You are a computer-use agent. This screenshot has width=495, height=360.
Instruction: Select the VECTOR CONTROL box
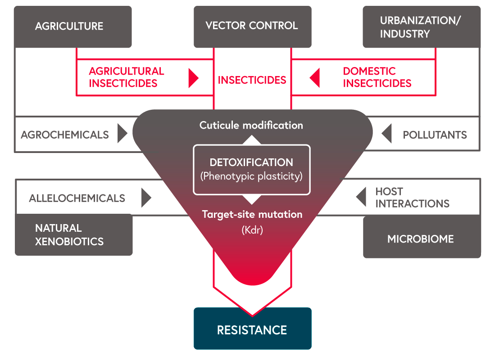pos(252,27)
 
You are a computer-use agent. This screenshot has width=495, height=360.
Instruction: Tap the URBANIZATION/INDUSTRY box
pos(422,27)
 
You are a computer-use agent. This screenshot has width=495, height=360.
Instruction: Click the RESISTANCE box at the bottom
pos(252,328)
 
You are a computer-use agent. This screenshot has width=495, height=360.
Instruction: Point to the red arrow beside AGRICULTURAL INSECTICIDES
pos(193,77)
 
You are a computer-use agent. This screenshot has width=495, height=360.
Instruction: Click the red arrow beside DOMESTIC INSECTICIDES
pos(314,77)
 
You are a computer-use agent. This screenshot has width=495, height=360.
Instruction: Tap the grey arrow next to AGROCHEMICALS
pos(123,134)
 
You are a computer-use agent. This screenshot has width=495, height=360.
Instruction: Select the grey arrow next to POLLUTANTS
pos(386,134)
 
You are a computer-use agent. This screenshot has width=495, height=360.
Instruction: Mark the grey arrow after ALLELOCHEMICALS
pos(146,198)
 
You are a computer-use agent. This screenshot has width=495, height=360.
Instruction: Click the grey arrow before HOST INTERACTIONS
pos(361,197)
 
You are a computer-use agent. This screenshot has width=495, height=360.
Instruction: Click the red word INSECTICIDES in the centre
pos(252,80)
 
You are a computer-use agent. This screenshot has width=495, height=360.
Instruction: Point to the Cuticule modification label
pos(251,125)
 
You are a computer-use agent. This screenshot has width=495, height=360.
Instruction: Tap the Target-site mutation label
pos(252,214)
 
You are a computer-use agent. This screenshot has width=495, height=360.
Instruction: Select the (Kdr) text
pos(252,230)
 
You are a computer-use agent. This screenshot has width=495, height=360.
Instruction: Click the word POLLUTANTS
pos(434,135)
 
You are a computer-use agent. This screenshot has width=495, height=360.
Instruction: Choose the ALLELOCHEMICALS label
pos(77,198)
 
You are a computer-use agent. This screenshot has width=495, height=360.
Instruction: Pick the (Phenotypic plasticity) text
pos(251,176)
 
